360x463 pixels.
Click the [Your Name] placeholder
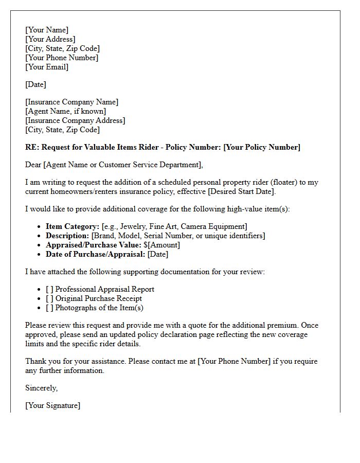point(47,30)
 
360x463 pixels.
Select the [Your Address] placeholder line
point(50,39)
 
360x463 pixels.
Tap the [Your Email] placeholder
point(47,67)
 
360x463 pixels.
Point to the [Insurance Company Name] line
point(71,102)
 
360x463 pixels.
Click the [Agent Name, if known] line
point(66,111)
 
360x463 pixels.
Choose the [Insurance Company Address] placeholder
point(75,120)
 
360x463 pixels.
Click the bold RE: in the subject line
point(32,147)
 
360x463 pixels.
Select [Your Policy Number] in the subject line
point(262,147)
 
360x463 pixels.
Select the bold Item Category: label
point(73,226)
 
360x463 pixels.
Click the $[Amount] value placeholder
point(162,245)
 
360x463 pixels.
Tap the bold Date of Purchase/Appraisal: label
point(96,254)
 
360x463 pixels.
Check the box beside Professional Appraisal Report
point(49,289)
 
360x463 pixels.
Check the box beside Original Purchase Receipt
point(49,298)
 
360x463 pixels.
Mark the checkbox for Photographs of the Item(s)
point(49,308)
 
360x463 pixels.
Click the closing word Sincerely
point(41,388)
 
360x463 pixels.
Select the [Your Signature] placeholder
point(53,405)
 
